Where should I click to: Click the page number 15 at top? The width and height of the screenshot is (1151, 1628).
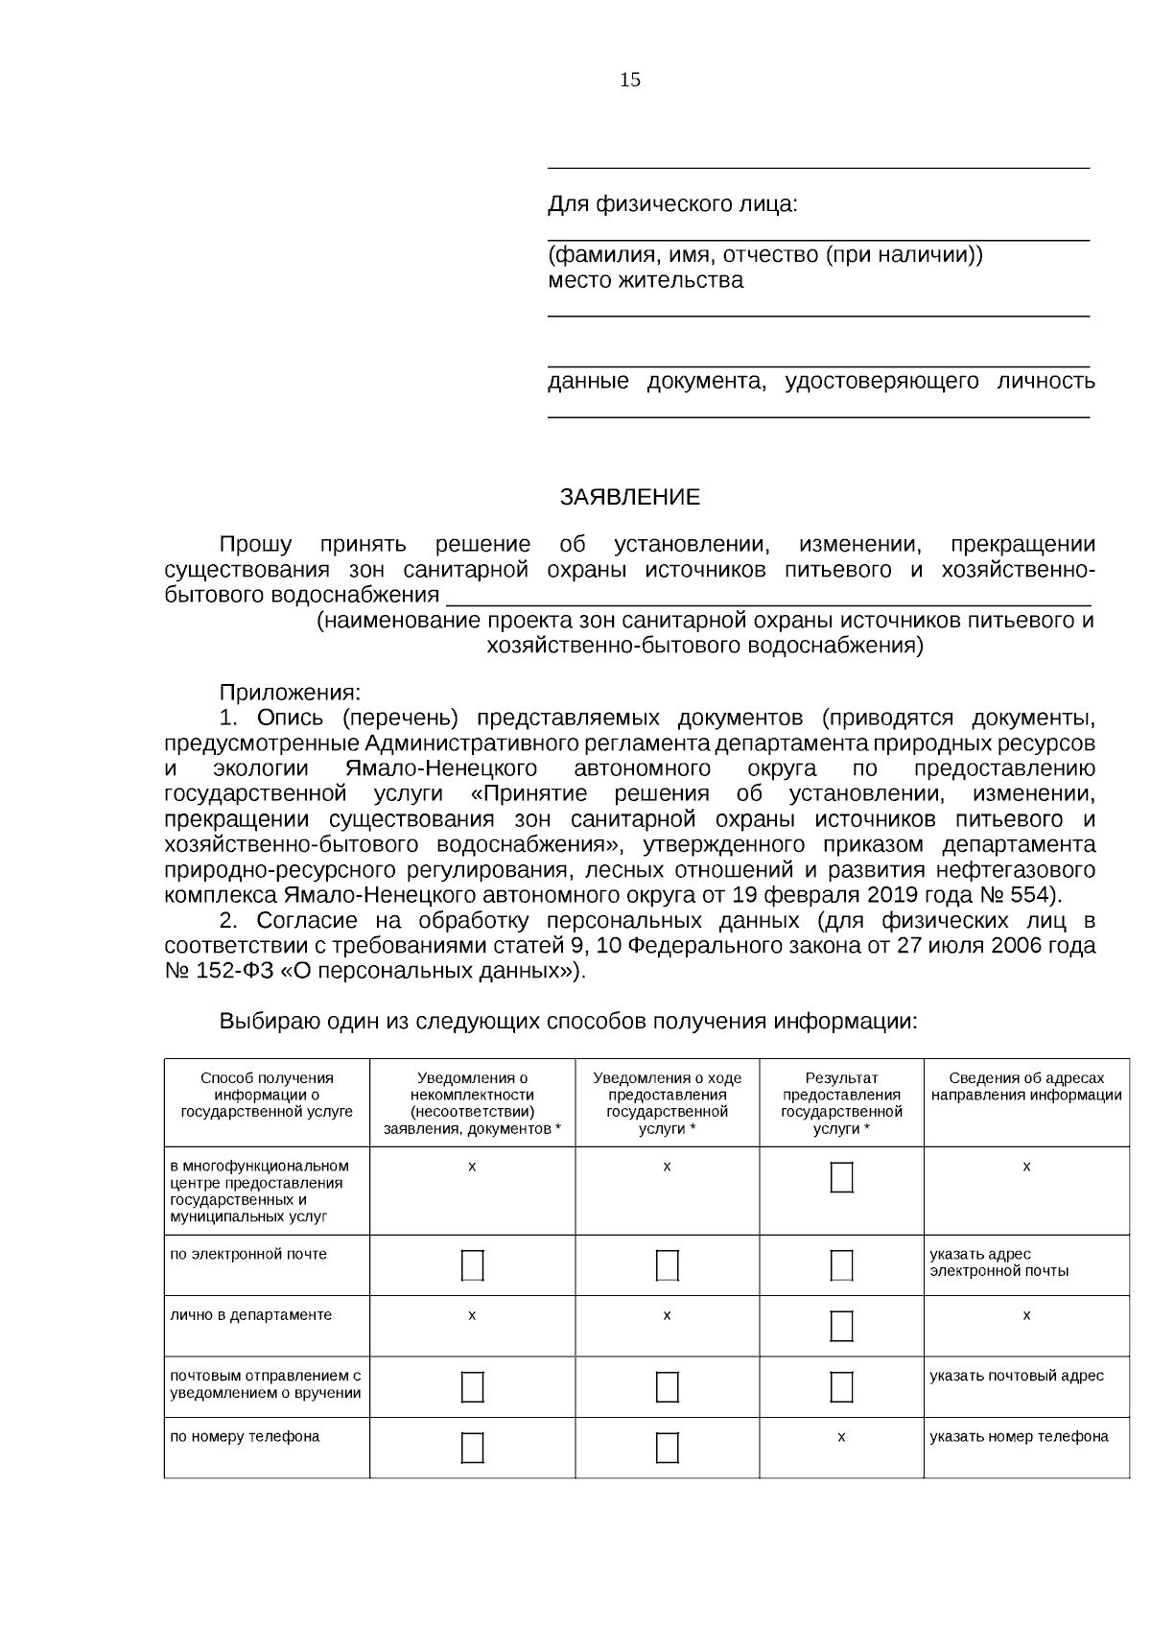[x=630, y=80]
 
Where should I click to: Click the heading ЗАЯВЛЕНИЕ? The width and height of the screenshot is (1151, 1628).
[x=629, y=497]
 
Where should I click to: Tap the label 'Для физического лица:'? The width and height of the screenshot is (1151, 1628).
[x=672, y=204]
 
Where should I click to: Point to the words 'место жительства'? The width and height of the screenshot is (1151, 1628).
[x=645, y=280]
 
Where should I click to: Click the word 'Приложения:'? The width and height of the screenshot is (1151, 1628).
[x=290, y=692]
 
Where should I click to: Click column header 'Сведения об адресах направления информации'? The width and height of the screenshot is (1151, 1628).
[x=1025, y=1087]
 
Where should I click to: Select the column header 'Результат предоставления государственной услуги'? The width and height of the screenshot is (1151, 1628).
[x=841, y=1103]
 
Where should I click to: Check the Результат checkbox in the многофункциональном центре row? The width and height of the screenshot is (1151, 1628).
[x=841, y=1177]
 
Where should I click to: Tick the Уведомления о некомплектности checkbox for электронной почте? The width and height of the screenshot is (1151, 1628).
[x=472, y=1265]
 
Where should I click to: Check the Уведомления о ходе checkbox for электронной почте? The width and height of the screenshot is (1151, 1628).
[x=667, y=1265]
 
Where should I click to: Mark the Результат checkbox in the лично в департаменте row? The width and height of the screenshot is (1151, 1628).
[x=841, y=1326]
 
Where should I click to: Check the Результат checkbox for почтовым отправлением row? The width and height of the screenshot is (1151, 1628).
[x=841, y=1386]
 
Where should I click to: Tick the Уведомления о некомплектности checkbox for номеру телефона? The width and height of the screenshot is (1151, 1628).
[x=472, y=1447]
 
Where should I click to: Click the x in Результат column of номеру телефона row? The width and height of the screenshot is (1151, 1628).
[x=841, y=1437]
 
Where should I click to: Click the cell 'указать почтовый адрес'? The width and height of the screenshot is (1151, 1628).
[x=1016, y=1376]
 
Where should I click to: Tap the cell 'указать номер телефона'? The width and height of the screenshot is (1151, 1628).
[x=1019, y=1436]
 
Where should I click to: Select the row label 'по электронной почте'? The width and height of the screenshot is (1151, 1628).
[x=248, y=1254]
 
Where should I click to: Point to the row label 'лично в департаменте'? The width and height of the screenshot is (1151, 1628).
[x=250, y=1314]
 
